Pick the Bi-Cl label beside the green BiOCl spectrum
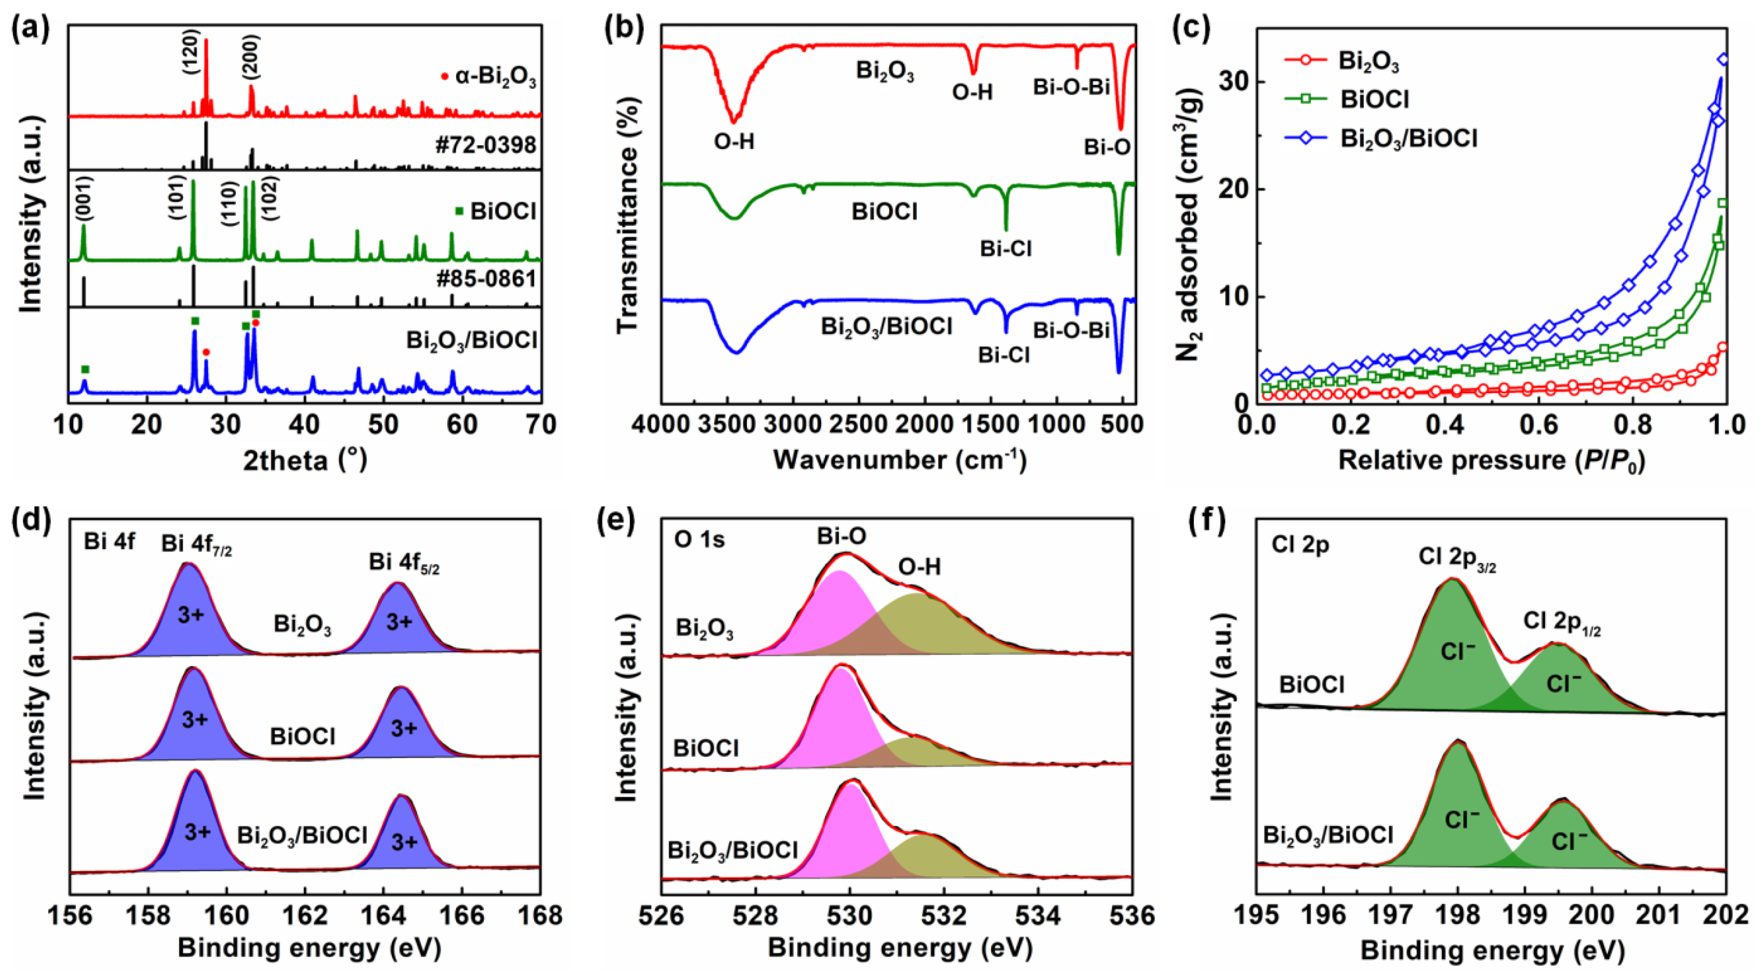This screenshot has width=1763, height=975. click(x=1005, y=249)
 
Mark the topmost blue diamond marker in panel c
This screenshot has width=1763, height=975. click(x=1723, y=60)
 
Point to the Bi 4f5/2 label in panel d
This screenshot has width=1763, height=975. click(x=404, y=563)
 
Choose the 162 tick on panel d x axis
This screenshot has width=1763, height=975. click(x=305, y=915)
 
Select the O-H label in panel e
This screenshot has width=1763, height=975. click(x=919, y=567)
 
